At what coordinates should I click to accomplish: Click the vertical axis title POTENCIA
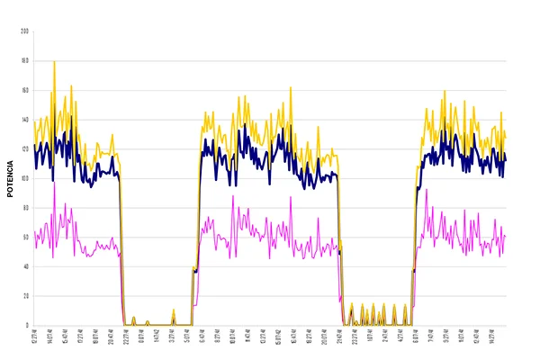[10, 179]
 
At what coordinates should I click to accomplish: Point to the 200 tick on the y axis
[25, 31]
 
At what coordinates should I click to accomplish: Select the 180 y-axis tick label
[25, 61]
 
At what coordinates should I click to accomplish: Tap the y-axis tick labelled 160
[25, 90]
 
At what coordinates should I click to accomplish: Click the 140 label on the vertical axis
[25, 120]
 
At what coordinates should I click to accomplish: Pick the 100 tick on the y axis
[25, 178]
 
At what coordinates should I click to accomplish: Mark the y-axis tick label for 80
[25, 208]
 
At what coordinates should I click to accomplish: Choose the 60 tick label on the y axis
[25, 238]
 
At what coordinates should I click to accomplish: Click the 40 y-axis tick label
[25, 266]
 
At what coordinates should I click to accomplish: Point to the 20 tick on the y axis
[25, 296]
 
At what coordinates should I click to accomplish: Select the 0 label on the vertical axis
[27, 325]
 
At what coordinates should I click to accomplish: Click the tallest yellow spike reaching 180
[54, 62]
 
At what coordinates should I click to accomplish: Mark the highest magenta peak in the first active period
[54, 184]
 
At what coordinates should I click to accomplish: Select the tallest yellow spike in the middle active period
[291, 88]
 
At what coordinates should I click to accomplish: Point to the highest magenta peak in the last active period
[427, 190]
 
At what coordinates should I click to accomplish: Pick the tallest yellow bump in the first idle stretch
[174, 310]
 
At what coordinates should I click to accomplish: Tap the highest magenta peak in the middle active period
[233, 196]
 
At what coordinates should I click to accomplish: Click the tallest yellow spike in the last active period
[444, 91]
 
